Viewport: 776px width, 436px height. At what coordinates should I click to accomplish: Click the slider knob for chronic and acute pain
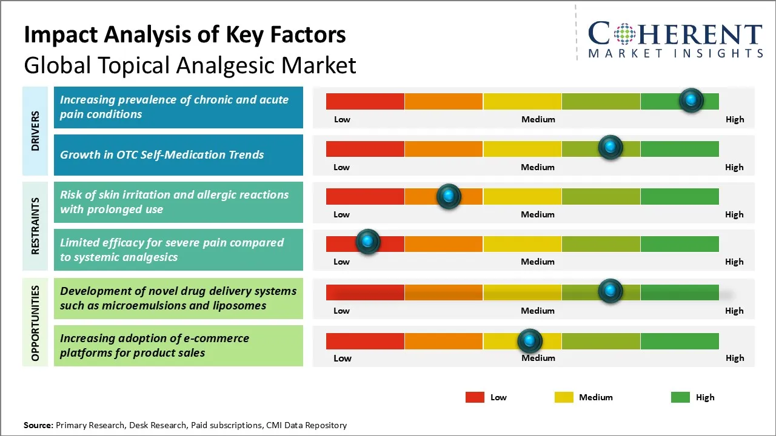pyautogui.click(x=691, y=101)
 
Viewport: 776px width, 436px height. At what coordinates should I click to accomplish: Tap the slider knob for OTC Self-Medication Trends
pyautogui.click(x=610, y=148)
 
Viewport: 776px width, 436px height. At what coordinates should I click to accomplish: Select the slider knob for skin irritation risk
pyautogui.click(x=449, y=196)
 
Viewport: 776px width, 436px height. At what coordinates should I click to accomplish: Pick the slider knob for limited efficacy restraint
pyautogui.click(x=367, y=242)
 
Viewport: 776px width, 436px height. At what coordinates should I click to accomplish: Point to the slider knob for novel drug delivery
pyautogui.click(x=610, y=291)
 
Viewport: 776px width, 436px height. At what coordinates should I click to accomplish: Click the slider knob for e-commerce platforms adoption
pyautogui.click(x=530, y=341)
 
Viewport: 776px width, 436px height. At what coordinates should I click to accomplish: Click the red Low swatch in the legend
pyautogui.click(x=475, y=397)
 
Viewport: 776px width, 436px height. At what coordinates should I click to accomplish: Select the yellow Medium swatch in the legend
pyautogui.click(x=564, y=397)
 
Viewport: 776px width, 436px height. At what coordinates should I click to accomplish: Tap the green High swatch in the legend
pyautogui.click(x=680, y=397)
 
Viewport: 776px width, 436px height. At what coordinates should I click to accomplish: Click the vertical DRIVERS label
pyautogui.click(x=35, y=131)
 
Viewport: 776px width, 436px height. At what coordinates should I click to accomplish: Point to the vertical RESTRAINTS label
pyautogui.click(x=35, y=226)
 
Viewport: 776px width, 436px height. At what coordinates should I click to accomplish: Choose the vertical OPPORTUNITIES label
pyautogui.click(x=35, y=323)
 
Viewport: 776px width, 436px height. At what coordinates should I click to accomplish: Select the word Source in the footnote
pyautogui.click(x=38, y=425)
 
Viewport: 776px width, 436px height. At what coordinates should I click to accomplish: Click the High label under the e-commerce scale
pyautogui.click(x=734, y=358)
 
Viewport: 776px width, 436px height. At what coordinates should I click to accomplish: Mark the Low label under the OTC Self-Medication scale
pyautogui.click(x=341, y=167)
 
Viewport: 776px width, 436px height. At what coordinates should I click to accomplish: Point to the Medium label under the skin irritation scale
pyautogui.click(x=538, y=214)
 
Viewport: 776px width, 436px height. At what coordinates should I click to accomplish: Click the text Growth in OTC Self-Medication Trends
pyautogui.click(x=162, y=154)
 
